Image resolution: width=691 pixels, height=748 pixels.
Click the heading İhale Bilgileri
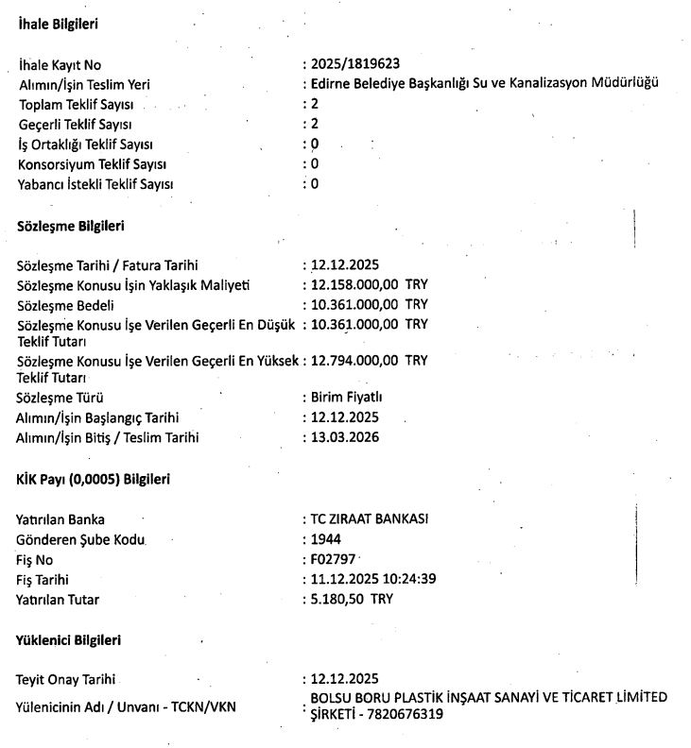coord(59,24)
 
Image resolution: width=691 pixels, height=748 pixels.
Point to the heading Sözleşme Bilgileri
coord(71,227)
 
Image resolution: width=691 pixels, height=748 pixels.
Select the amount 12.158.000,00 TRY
coord(369,284)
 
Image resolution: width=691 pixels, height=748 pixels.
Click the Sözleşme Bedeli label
coord(66,304)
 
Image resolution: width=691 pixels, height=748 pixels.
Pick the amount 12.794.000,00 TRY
coord(369,360)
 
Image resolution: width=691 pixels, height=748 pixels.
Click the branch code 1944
coord(326,539)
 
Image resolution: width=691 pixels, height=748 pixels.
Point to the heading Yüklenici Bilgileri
coord(70,640)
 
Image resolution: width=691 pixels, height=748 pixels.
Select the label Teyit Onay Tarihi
coord(71,678)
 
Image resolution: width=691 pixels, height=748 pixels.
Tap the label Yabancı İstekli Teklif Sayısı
coord(95,184)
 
